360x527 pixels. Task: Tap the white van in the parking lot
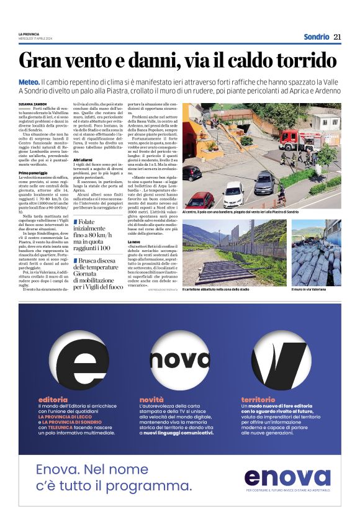point(233,194)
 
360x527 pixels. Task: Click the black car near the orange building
point(192,172)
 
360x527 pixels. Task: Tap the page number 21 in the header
point(337,37)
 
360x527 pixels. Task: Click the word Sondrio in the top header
point(317,37)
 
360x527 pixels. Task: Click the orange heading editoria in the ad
point(52,399)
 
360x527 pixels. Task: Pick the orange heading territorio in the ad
point(258,399)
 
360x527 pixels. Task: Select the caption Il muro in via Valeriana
point(310,289)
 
